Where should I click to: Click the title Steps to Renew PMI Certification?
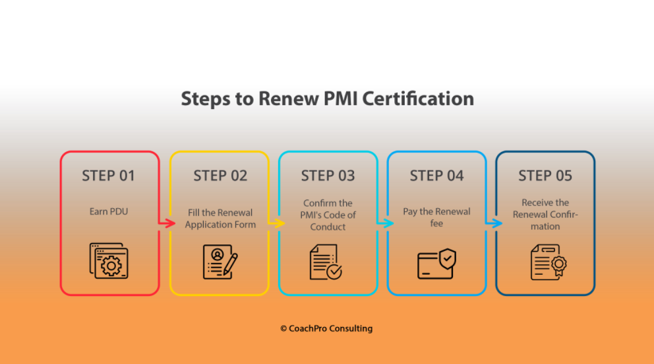327,99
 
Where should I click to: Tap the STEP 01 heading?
108,176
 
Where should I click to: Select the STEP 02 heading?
220,176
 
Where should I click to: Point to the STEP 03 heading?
328,176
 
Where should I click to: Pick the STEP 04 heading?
436,176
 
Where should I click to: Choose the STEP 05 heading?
545,176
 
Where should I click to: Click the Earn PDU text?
109,211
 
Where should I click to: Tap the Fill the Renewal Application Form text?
220,219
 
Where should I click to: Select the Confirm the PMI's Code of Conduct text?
328,215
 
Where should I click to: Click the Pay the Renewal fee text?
436,217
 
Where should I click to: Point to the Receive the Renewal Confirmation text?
545,215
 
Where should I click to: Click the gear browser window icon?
109,261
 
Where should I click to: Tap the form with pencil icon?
220,262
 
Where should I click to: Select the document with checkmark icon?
326,262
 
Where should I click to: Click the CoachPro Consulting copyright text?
326,328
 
